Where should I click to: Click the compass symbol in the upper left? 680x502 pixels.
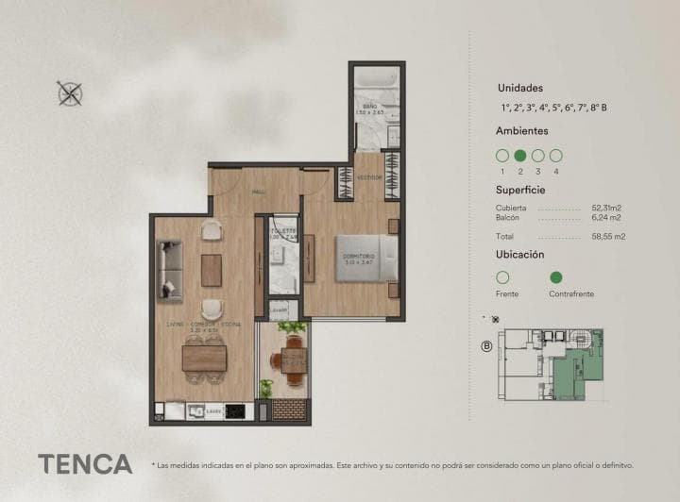click(x=70, y=92)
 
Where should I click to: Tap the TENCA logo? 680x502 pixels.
click(x=85, y=464)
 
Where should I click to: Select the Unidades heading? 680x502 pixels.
click(x=519, y=88)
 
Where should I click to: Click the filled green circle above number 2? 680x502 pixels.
click(x=519, y=156)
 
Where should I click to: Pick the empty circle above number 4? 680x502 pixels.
click(x=556, y=156)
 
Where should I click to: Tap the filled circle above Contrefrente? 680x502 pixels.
click(x=556, y=277)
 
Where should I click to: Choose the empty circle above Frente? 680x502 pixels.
click(x=502, y=277)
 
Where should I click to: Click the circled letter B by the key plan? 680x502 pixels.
click(x=487, y=345)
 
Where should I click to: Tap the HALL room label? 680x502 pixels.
click(x=257, y=192)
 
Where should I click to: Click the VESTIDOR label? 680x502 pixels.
click(x=369, y=177)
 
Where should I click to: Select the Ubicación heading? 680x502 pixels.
click(x=520, y=255)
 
